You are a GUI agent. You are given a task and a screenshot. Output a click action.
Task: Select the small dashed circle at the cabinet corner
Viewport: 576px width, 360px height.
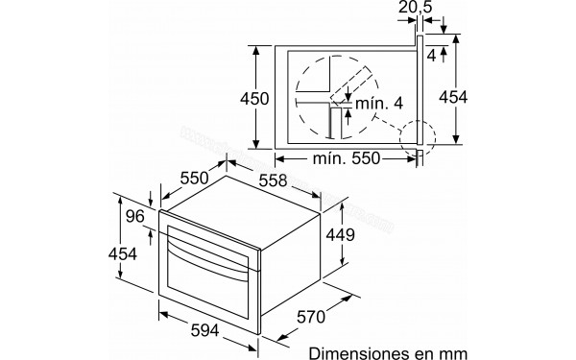click(420, 136)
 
